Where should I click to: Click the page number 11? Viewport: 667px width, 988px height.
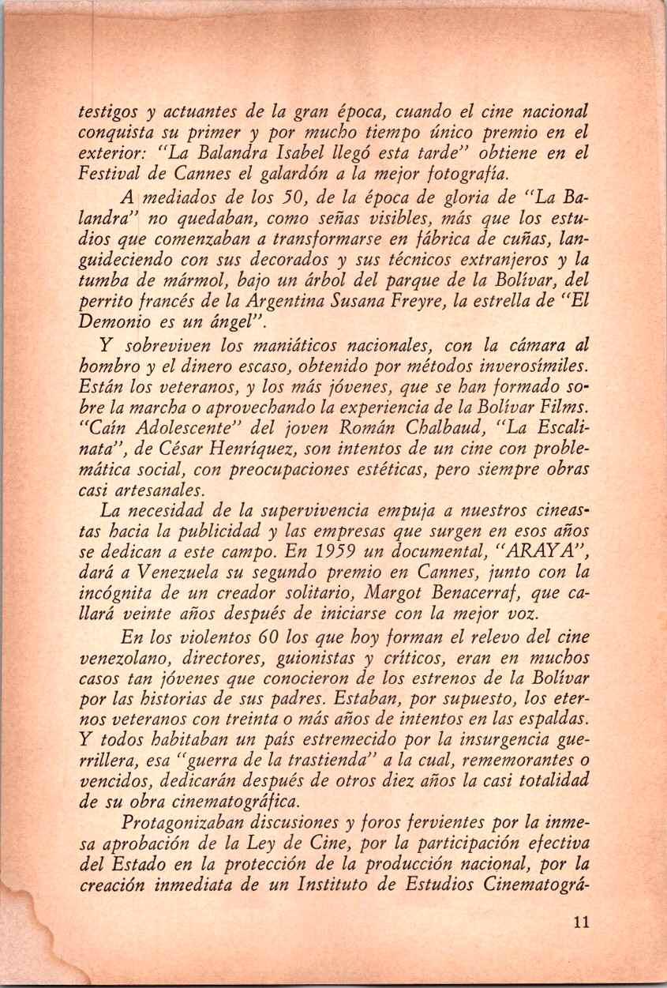click(583, 923)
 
